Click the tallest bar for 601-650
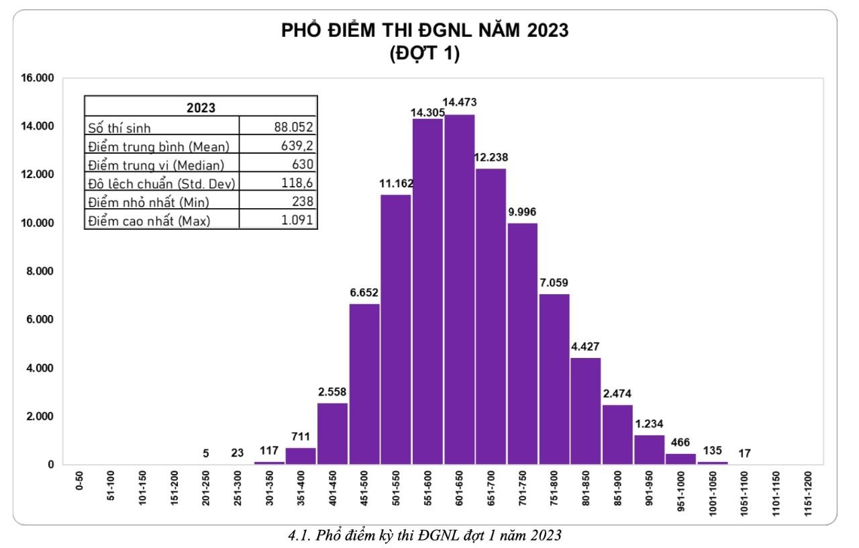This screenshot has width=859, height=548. (460, 289)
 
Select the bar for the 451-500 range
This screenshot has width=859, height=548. (364, 383)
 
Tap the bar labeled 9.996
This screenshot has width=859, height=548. (523, 343)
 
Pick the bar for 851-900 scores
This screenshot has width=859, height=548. (617, 434)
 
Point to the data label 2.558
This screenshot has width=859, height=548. (333, 392)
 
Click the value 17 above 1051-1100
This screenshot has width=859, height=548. (744, 453)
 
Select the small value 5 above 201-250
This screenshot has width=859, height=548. (206, 453)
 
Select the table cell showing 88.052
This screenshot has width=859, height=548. (293, 126)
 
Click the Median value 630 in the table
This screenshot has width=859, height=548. (302, 164)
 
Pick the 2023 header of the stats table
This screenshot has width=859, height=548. (201, 107)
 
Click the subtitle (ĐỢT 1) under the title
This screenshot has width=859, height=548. (425, 54)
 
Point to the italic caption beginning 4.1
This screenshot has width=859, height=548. (424, 536)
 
